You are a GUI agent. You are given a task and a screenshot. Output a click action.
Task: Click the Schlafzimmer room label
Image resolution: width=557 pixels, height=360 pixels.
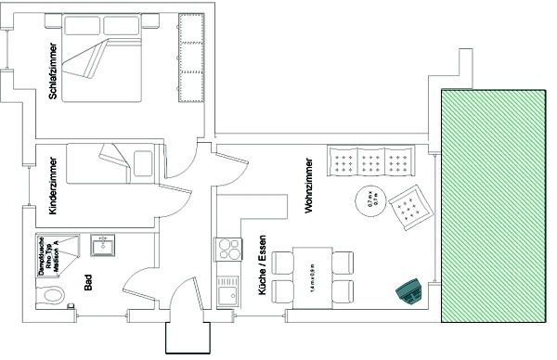pyautogui.click(x=53, y=70)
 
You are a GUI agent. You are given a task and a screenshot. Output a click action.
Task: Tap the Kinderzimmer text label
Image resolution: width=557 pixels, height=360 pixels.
pyautogui.click(x=53, y=185)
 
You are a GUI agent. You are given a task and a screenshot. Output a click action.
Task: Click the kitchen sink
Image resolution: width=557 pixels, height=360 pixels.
pyautogui.click(x=227, y=294)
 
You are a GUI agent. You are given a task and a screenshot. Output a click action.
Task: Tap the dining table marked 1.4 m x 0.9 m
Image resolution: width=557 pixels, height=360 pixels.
pyautogui.click(x=313, y=277)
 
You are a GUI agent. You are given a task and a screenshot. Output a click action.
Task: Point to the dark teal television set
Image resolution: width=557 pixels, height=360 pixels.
pyautogui.click(x=408, y=293)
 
